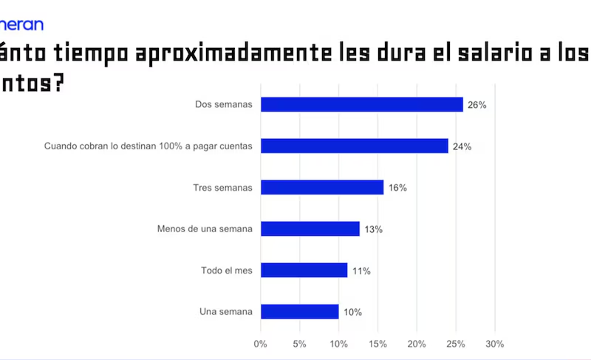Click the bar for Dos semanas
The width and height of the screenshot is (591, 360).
coord(362,105)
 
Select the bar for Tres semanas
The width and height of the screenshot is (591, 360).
coord(322,188)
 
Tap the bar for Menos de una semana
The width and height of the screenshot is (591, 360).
coord(310,229)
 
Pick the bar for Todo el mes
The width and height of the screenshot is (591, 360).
coord(304,271)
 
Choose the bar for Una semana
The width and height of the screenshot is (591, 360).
coord(300,312)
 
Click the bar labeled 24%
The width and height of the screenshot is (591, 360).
coord(355,146)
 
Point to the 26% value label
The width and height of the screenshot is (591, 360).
coord(476,105)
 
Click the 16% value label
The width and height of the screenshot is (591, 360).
coord(397,188)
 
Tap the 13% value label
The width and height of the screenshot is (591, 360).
coord(373,229)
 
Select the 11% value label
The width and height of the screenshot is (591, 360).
coord(361,271)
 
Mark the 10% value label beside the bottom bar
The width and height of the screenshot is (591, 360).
coord(352,312)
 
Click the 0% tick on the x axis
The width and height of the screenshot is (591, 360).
coord(260,344)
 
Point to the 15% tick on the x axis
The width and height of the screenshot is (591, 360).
coord(378,344)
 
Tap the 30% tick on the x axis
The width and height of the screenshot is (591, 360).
coord(494,344)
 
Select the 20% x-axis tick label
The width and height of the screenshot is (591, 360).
coord(417,344)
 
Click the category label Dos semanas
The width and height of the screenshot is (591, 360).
coord(223,105)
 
